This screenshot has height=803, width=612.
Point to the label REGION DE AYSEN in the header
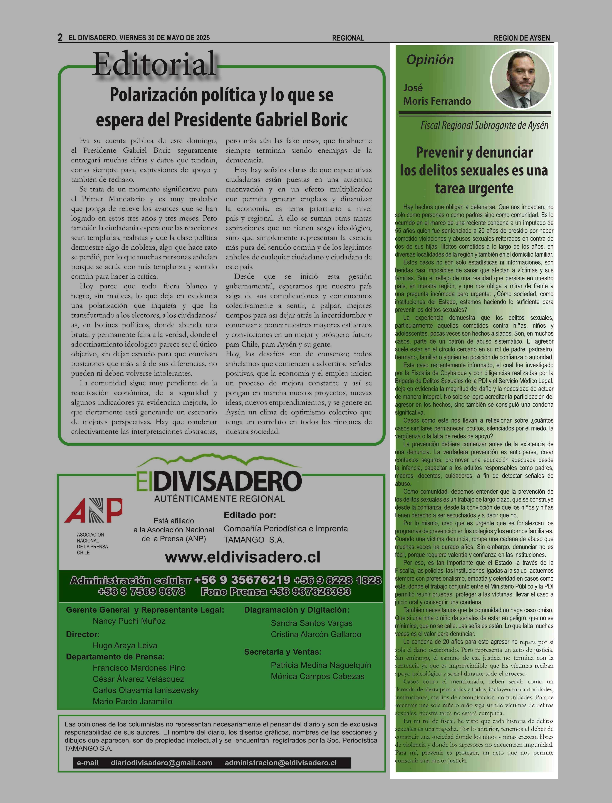point(522,38)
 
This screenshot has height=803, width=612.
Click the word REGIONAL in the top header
point(348,38)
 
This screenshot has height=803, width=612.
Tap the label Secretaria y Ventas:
point(283,652)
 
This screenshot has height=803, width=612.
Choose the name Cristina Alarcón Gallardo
point(316,634)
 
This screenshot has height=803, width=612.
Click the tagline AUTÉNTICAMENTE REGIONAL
point(219,498)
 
